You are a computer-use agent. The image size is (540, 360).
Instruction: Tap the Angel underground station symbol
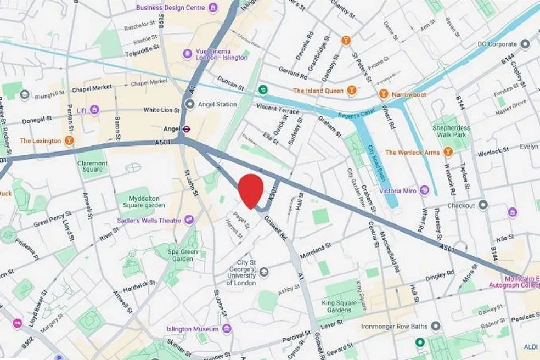click(187, 130)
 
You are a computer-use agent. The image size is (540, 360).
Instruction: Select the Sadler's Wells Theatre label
click(148, 220)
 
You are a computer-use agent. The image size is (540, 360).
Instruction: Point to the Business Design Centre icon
click(213, 8)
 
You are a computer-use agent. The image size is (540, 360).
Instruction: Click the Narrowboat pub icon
click(383, 94)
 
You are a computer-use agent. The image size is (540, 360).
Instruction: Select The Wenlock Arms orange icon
click(448, 152)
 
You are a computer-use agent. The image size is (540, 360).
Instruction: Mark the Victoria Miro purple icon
click(424, 191)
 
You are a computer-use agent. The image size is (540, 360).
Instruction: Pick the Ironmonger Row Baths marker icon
click(436, 327)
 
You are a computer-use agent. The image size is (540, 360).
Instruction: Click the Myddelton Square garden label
click(135, 202)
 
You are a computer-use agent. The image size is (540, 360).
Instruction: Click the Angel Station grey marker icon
click(190, 104)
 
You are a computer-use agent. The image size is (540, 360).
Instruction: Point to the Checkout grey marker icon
click(483, 205)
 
